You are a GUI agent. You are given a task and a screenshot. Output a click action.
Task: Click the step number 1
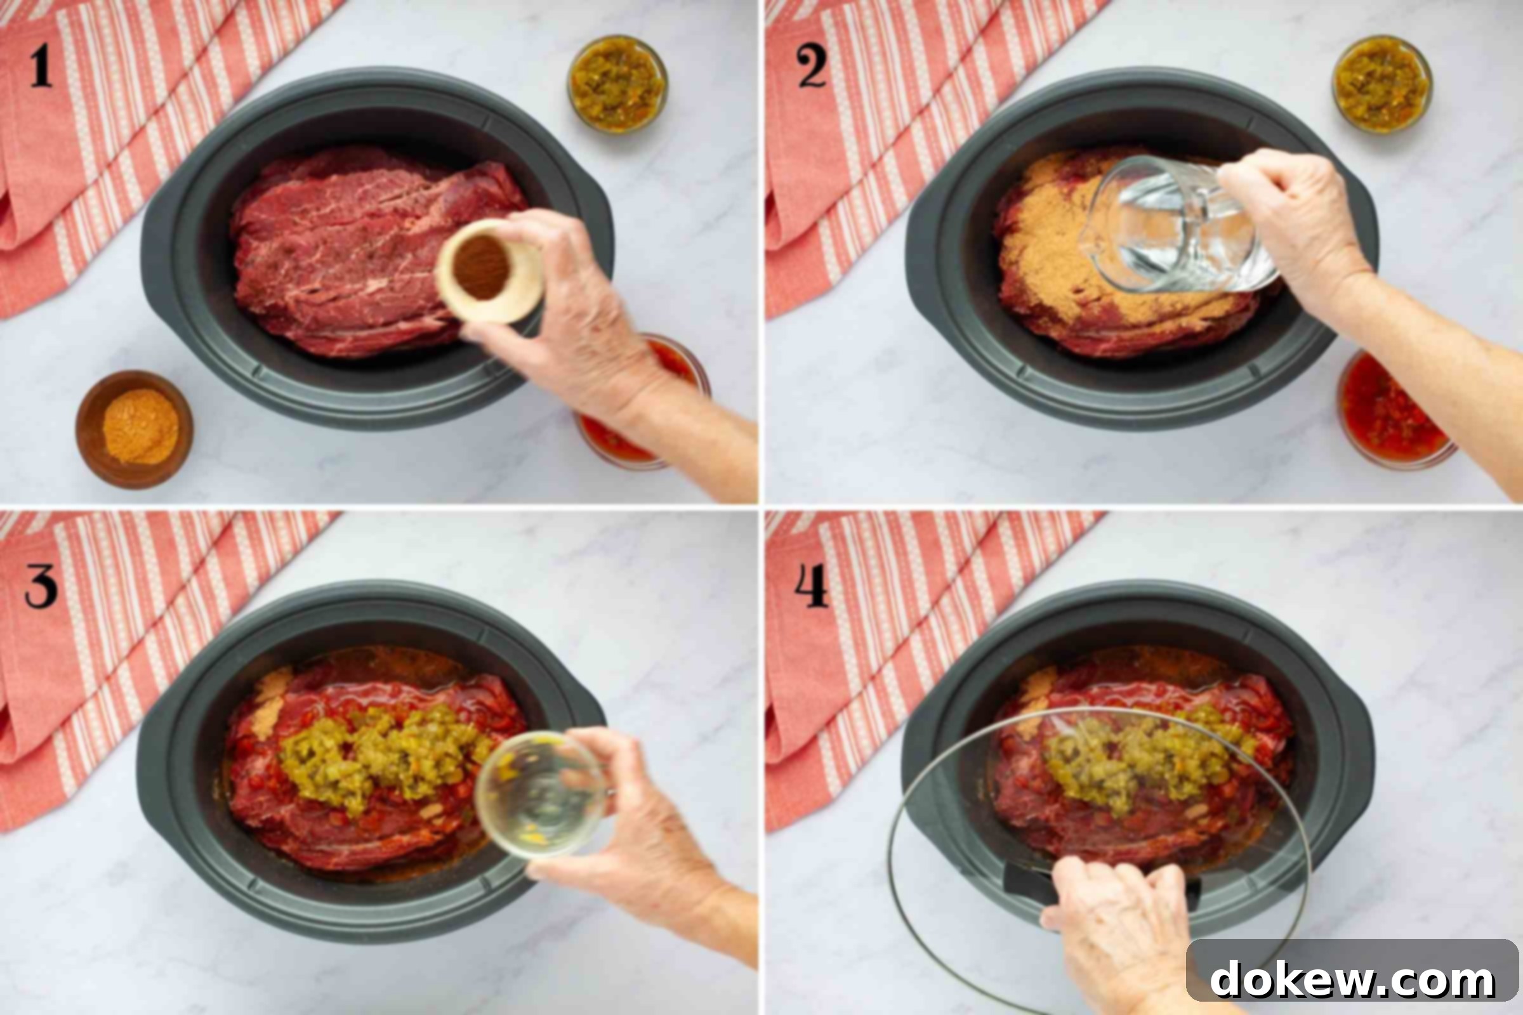coord(41,65)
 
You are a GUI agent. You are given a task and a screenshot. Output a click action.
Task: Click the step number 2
coord(812,65)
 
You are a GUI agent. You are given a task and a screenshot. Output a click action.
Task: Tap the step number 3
coord(41,586)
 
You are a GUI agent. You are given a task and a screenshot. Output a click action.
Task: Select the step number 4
coord(812,586)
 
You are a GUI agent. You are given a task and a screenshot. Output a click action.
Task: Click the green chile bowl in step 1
coord(617,84)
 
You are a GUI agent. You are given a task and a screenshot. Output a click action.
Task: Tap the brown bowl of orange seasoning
coord(134,429)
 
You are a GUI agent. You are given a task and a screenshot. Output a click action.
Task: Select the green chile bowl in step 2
coord(1382,84)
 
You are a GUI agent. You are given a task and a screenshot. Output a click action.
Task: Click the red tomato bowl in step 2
coord(1395,409)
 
